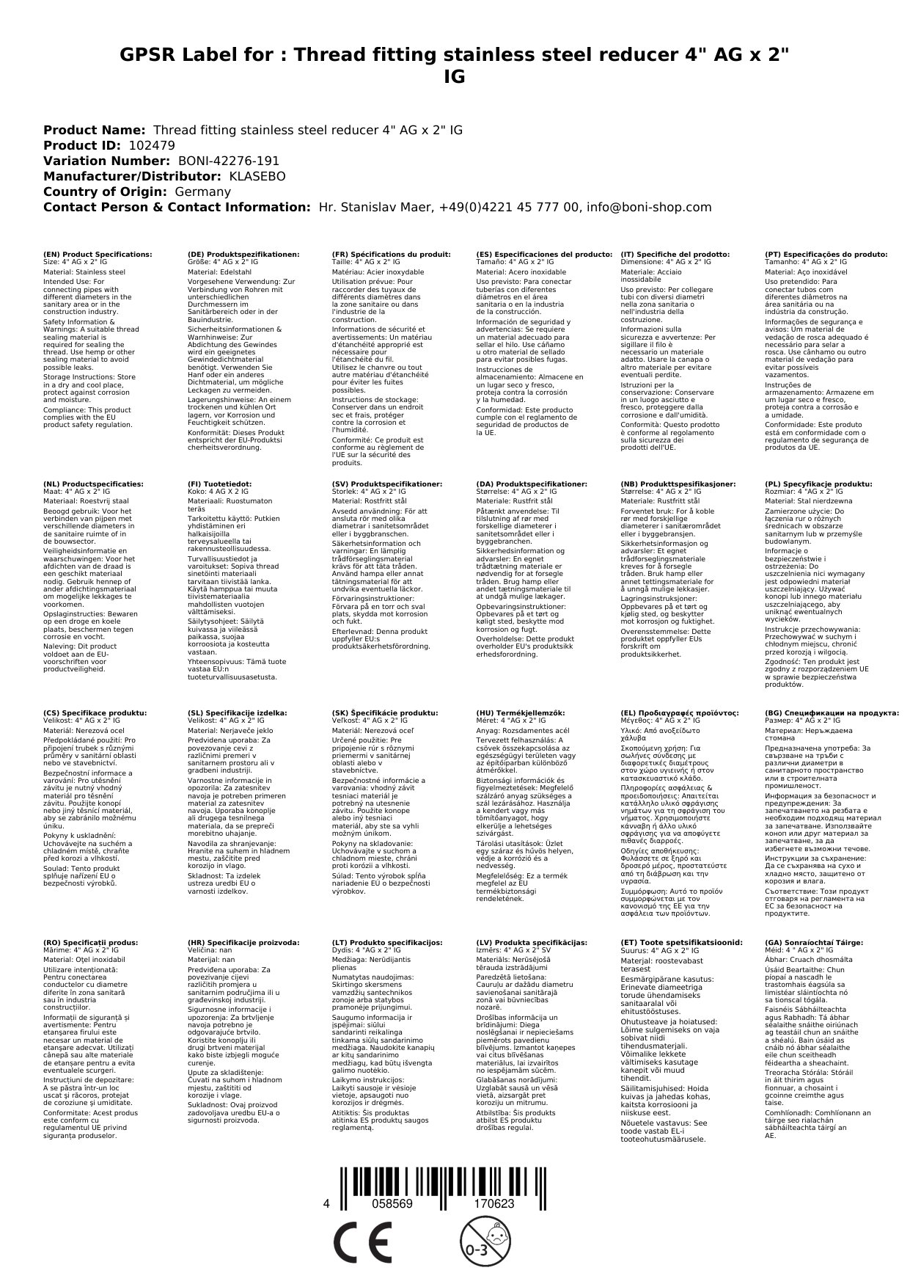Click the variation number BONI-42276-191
(x=229, y=161)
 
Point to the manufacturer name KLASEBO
(x=257, y=176)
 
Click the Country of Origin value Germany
(x=202, y=192)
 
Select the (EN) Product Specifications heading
(x=98, y=254)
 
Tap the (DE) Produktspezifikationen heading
(x=243, y=254)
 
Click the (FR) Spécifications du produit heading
(x=391, y=254)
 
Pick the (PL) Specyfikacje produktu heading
(x=818, y=484)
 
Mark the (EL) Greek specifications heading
(x=679, y=712)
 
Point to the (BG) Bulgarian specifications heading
(x=832, y=712)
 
